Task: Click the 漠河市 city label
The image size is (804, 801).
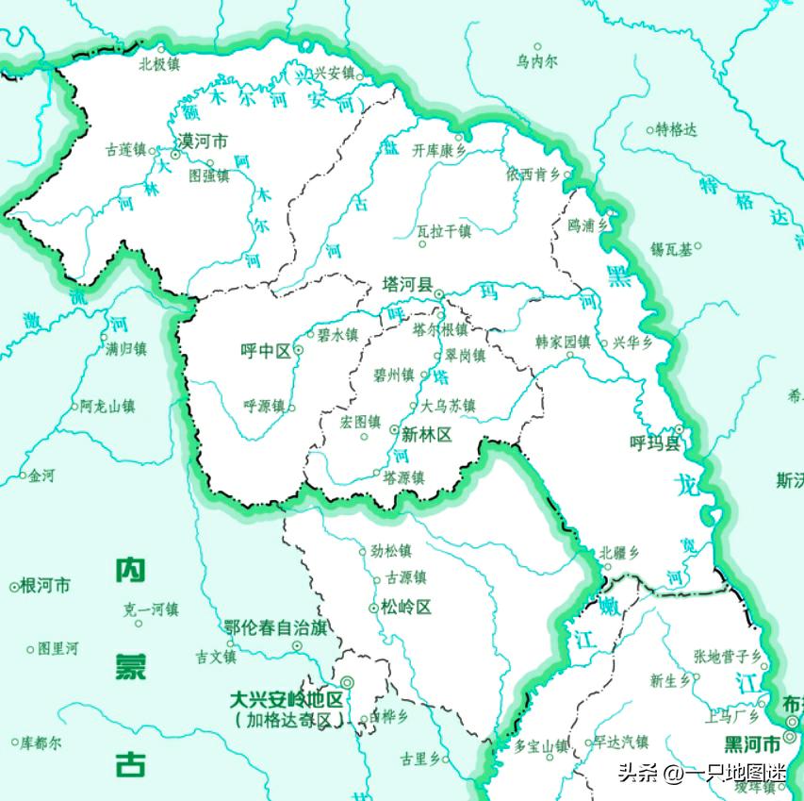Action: point(205,142)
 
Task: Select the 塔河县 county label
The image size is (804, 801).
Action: point(406,284)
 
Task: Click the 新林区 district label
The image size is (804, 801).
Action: point(427,435)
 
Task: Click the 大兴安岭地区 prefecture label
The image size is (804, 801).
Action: point(288,700)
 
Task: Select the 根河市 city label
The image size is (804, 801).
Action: point(45,585)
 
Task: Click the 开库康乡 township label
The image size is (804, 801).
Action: point(439,150)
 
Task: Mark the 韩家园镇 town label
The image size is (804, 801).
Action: point(563,342)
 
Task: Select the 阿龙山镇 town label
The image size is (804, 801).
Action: point(107,407)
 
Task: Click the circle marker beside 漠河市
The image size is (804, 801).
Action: point(174,155)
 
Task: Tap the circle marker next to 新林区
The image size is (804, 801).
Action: point(394,430)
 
